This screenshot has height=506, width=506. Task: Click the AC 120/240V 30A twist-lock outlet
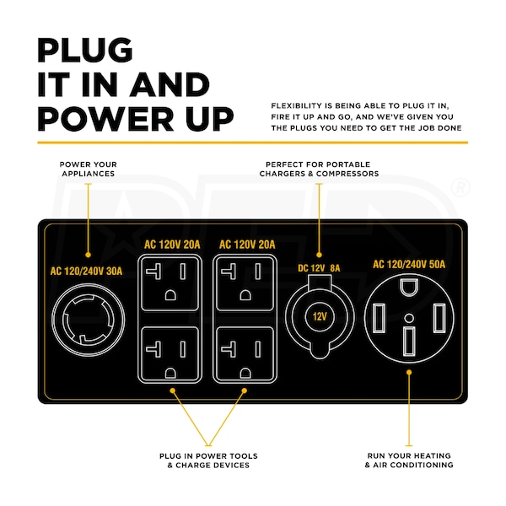point(88,320)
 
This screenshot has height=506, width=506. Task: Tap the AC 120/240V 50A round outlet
point(409,319)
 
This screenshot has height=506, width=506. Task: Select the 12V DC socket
point(320,316)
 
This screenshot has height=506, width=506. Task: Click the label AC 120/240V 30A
point(86,271)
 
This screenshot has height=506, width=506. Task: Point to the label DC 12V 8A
point(319,268)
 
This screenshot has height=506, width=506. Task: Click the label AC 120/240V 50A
point(409,264)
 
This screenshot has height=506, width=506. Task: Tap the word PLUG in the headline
point(85,50)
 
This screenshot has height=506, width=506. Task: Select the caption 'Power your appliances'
point(88,169)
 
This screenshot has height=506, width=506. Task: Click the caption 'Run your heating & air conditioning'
point(409,460)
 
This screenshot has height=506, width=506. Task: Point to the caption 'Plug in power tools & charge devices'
point(208,460)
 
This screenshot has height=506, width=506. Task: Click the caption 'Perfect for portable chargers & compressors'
point(319,169)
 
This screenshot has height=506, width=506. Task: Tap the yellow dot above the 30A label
point(88,255)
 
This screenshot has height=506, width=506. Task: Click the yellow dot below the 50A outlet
point(409,373)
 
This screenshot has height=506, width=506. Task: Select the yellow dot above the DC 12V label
point(319,255)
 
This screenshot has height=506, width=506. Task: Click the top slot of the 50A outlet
point(409,288)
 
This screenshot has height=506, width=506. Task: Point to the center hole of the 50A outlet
point(409,318)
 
